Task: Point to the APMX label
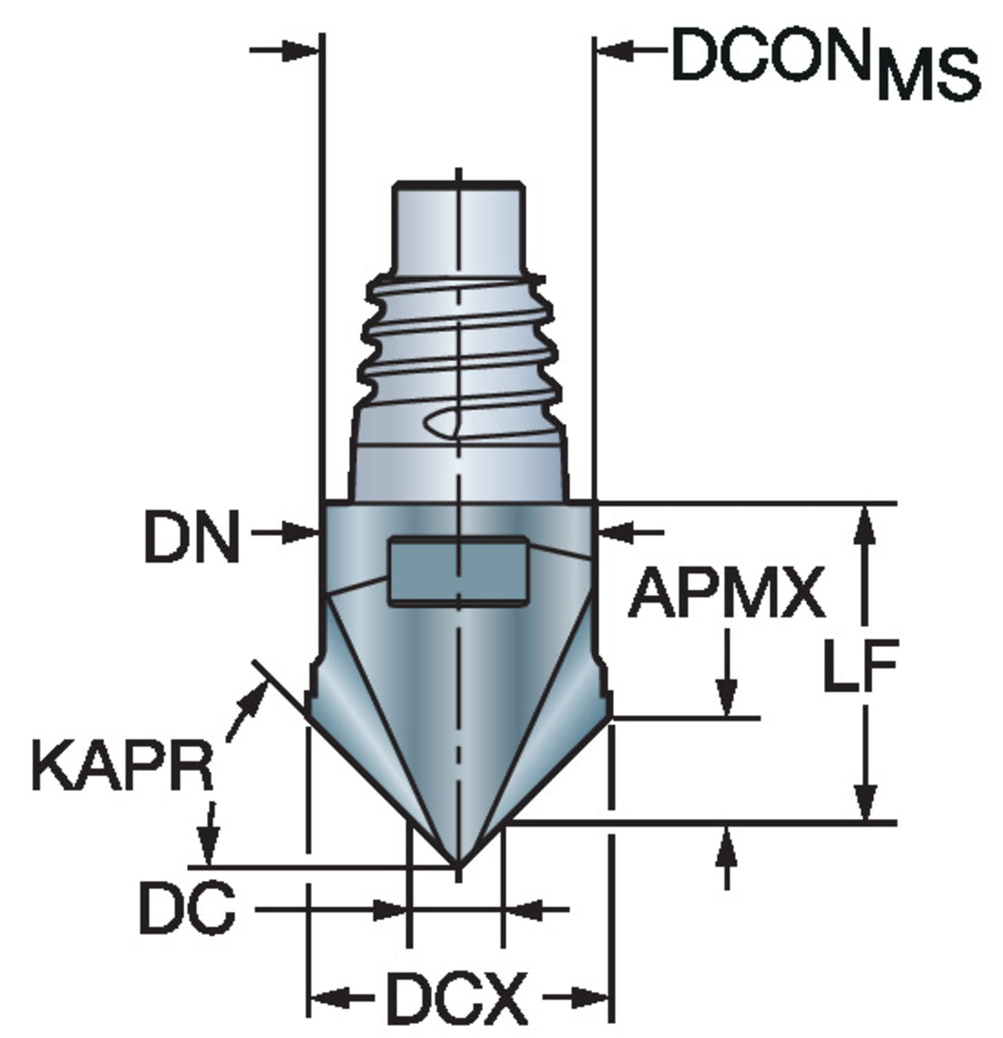coord(726,592)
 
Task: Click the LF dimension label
coord(861,666)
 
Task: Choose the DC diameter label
coord(187,908)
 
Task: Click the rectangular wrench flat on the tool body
coord(458,571)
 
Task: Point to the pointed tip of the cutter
coord(458,866)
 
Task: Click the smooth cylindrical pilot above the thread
coord(458,228)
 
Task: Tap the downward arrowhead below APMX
coord(726,698)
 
